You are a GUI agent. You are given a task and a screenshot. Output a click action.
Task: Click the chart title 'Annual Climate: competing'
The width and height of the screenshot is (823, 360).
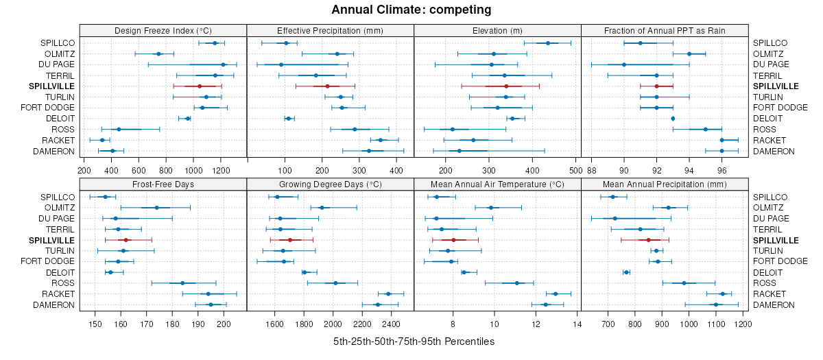click(411, 10)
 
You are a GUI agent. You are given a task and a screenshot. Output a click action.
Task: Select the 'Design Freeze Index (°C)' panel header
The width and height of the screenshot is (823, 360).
click(163, 30)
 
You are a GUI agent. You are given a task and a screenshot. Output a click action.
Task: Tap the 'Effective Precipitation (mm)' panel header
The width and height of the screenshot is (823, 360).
click(330, 30)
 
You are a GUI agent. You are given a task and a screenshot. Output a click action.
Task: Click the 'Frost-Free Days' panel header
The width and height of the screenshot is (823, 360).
click(163, 184)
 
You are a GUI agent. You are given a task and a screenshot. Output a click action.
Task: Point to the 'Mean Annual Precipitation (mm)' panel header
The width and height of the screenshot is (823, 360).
click(664, 184)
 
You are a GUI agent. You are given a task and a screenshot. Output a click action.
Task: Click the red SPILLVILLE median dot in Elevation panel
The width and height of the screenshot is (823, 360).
click(506, 86)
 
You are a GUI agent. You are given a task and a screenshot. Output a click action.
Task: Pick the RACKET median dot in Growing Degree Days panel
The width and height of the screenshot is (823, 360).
click(388, 293)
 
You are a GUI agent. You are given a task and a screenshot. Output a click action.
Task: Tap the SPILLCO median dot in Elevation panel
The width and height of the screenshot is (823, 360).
click(547, 43)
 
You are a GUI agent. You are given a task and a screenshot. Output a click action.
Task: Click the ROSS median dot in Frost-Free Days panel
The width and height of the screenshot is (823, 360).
click(182, 283)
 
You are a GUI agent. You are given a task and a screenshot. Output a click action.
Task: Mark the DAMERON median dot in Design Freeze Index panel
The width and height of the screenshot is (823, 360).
click(112, 151)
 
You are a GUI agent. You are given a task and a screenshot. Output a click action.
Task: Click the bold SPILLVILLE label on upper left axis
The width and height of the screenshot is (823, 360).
click(52, 86)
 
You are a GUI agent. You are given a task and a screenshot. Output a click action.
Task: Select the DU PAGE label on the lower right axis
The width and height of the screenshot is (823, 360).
click(770, 219)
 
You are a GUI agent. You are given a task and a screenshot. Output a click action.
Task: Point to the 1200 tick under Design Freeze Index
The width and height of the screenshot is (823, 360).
click(221, 170)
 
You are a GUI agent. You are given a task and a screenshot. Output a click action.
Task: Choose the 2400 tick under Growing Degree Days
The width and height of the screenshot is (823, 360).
click(391, 324)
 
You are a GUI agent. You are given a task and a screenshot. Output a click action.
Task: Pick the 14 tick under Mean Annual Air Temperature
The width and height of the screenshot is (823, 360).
click(577, 324)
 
